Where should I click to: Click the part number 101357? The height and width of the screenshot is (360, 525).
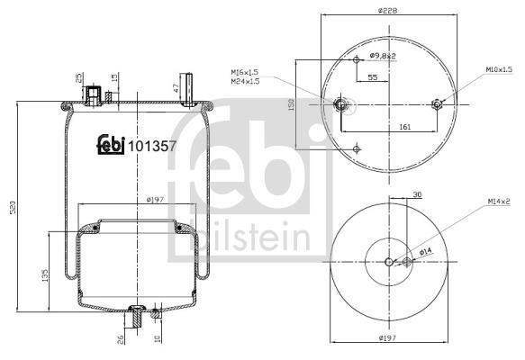(152, 146)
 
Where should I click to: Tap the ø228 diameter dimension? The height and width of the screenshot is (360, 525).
(388, 11)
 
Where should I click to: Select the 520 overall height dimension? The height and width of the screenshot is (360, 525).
(14, 207)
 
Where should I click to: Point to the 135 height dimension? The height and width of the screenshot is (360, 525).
(45, 275)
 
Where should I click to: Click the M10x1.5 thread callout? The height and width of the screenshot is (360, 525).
(499, 69)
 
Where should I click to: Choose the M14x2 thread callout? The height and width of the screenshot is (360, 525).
(499, 201)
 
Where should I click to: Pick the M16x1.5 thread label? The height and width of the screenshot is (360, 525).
(245, 72)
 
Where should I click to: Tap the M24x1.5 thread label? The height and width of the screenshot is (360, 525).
(245, 81)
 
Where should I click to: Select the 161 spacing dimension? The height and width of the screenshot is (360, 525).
(405, 127)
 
